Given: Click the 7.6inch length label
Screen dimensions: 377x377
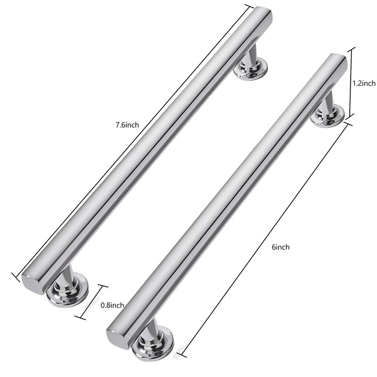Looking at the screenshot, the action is [x=127, y=125].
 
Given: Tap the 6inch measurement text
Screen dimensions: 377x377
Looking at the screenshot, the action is [x=280, y=247].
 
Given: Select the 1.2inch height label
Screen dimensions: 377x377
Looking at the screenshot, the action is [x=364, y=83].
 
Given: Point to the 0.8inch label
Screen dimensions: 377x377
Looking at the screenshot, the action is [x=112, y=305].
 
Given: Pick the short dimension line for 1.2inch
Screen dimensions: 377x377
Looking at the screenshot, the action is [x=351, y=82].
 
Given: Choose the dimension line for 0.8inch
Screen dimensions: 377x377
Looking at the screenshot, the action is [x=91, y=302].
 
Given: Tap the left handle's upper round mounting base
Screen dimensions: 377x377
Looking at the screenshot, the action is [x=251, y=70].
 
